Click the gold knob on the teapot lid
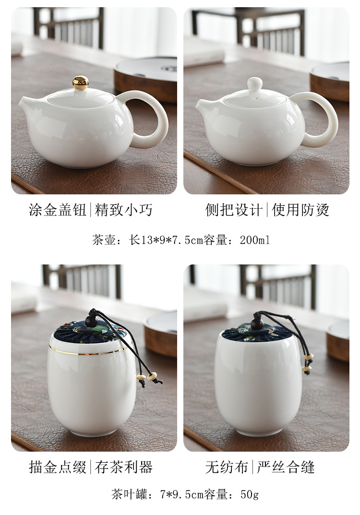[81, 83]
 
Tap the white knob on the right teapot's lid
[254, 84]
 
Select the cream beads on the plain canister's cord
[308, 363]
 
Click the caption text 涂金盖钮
[58, 210]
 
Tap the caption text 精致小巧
[124, 210]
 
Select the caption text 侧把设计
[234, 210]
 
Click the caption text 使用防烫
[300, 210]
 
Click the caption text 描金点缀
[58, 467]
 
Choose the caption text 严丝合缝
[286, 467]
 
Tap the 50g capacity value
[250, 494]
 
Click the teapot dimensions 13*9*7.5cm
[172, 240]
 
